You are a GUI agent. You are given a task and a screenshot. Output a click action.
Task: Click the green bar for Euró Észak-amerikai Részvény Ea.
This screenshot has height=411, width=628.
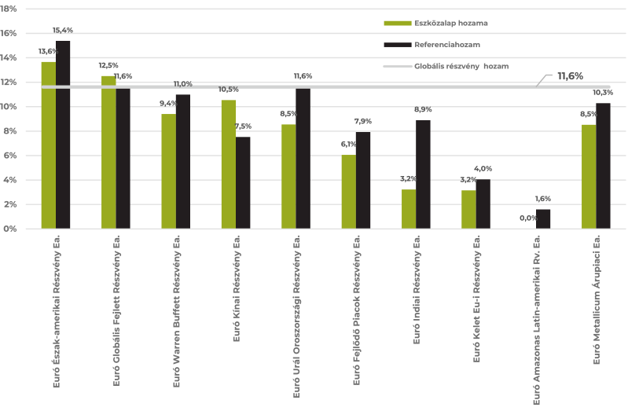49,145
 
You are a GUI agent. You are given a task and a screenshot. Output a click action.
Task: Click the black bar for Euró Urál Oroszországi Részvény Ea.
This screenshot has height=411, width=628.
303,158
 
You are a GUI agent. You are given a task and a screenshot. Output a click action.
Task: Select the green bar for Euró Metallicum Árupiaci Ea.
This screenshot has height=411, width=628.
588,177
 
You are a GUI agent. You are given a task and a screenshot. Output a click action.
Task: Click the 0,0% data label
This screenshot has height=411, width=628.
528,218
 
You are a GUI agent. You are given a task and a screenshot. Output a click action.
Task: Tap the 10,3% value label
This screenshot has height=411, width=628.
603,93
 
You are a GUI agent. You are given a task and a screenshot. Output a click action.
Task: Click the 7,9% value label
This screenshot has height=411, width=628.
363,122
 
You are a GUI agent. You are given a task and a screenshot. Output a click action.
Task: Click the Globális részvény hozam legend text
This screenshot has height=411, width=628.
461,67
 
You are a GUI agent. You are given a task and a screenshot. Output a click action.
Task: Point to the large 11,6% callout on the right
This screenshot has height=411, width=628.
570,76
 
